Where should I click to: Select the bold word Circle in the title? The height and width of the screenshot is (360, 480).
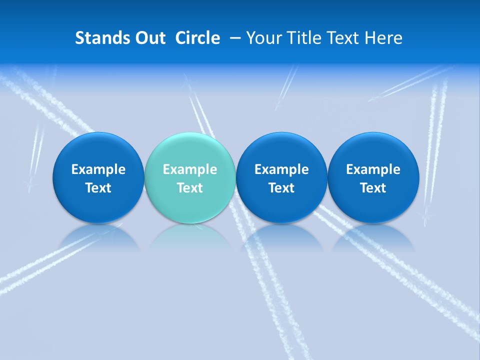click(197, 38)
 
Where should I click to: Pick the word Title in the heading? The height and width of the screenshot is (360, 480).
click(302, 38)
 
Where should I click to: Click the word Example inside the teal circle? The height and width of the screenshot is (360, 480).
click(190, 169)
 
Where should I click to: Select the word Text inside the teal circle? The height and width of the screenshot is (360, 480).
click(190, 188)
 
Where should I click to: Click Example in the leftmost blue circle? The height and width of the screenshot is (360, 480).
click(98, 169)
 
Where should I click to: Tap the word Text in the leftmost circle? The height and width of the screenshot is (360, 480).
click(98, 188)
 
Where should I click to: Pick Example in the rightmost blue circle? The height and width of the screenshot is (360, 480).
click(373, 169)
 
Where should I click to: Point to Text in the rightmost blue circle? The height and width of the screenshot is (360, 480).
click(373, 188)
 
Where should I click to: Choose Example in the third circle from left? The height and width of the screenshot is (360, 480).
click(281, 169)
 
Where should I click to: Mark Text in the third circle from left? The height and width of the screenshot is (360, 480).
click(281, 188)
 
